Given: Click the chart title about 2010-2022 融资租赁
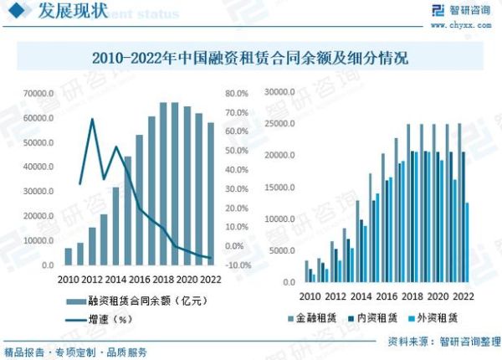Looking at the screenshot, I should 251,59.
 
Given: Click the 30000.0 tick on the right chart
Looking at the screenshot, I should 279,90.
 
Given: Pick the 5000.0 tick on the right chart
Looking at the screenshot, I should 282,251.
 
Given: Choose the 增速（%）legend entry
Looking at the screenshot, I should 109,319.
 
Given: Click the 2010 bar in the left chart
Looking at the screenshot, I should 69,256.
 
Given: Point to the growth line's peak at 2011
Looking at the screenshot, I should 92,120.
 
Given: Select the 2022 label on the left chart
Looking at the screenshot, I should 210,280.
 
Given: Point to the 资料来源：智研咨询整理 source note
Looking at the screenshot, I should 439,342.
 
